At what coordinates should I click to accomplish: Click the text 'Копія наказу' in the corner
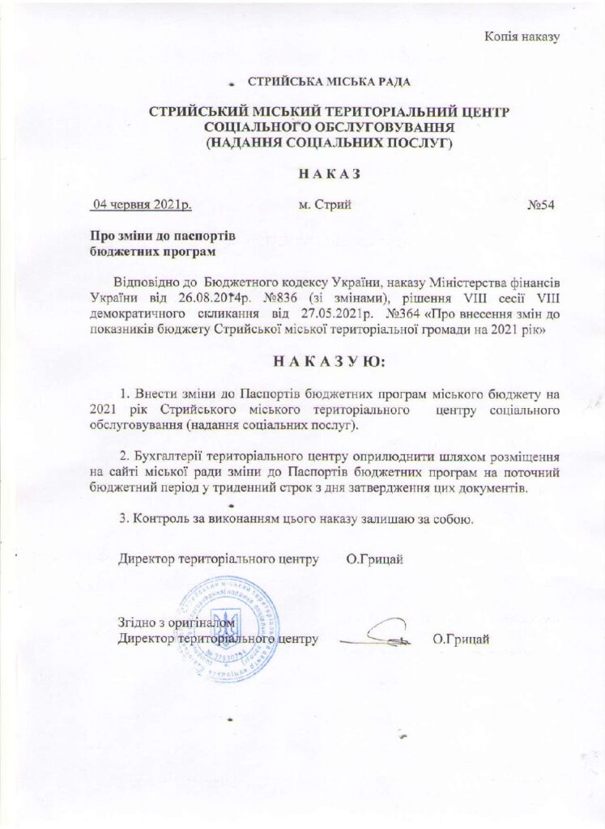[522, 36]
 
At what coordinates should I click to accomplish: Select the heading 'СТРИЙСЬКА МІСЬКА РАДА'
[328, 82]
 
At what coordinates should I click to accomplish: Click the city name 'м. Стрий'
[325, 205]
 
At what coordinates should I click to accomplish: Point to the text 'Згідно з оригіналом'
[177, 623]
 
